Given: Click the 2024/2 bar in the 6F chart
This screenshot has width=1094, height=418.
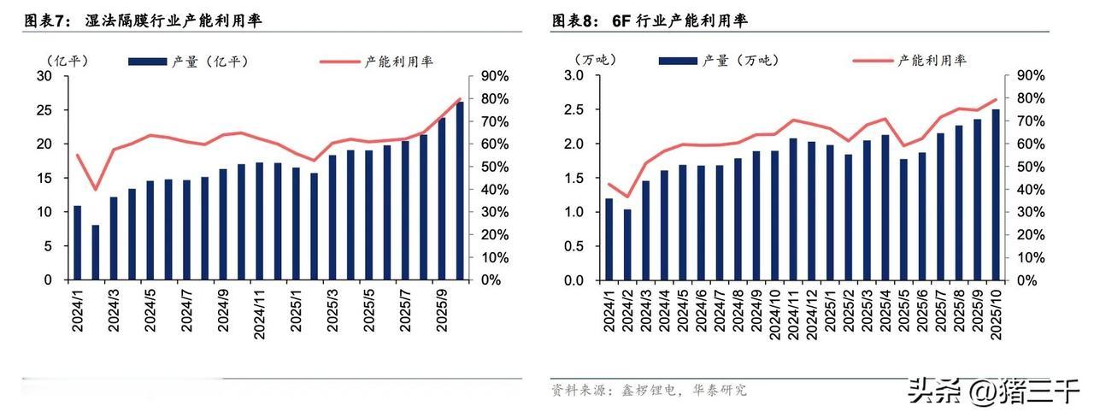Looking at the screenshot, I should (x=627, y=244).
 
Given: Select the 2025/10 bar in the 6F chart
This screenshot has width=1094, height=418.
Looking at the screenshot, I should (x=996, y=195).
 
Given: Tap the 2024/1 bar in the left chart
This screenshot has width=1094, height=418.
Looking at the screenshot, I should (x=77, y=243).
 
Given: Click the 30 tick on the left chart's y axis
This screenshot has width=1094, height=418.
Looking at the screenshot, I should (x=45, y=76).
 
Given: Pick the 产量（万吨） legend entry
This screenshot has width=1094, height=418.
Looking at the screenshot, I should (x=718, y=61).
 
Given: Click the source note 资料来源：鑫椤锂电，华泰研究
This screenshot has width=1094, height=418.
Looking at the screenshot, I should (x=649, y=391).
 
